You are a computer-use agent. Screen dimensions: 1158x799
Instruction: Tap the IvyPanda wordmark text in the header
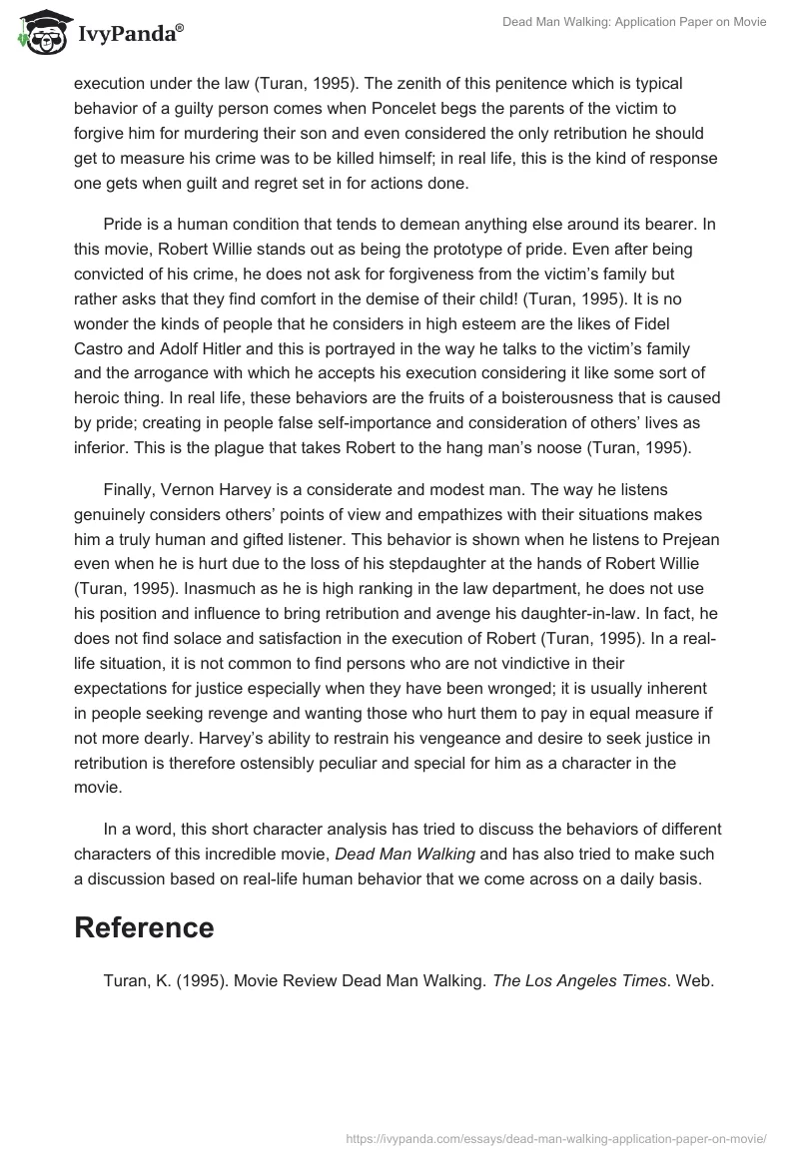pos(128,36)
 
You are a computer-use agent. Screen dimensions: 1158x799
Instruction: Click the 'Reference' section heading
pos(145,927)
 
